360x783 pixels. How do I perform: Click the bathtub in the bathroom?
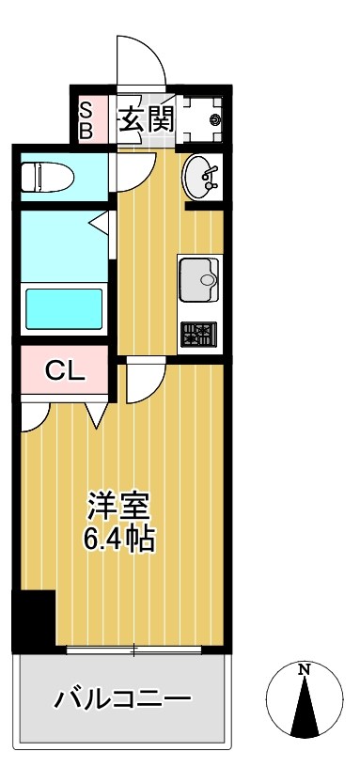point(64,307)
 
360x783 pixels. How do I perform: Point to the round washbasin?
point(201,175)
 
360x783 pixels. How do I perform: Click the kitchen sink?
point(198,278)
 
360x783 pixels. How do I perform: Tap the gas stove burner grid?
point(198,333)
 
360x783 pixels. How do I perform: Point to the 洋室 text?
point(117,508)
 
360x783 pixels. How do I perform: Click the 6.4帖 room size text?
point(117,540)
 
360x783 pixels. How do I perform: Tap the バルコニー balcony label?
point(122,700)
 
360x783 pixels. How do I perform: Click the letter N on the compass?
point(303,670)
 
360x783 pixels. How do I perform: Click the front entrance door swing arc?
point(141,61)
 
